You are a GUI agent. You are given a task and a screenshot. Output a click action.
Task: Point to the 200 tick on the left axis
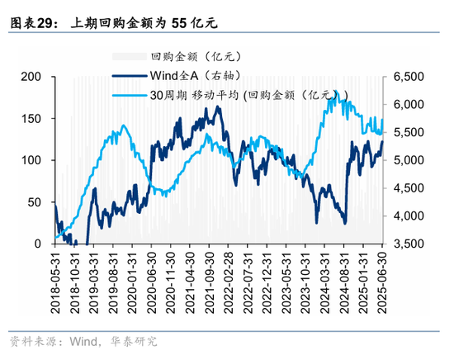pos(33,76)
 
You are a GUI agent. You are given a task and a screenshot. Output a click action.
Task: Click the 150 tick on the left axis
pos(33,118)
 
